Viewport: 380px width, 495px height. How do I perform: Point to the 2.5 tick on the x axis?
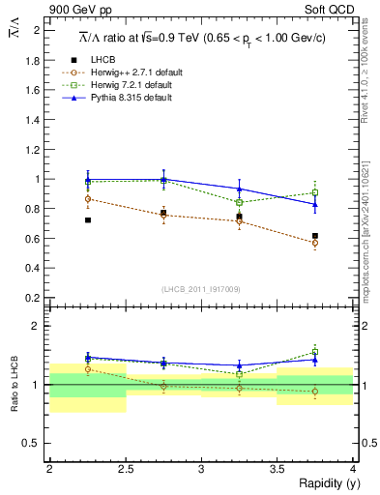coord(125,469)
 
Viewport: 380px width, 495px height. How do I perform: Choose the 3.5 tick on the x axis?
coord(277,469)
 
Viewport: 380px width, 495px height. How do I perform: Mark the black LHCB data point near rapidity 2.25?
coord(88,220)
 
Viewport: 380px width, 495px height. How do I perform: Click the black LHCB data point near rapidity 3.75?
coord(315,236)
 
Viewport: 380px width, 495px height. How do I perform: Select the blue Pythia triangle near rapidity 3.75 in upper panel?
coord(315,204)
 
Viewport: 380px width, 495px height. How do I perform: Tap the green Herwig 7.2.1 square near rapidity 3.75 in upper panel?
coord(315,192)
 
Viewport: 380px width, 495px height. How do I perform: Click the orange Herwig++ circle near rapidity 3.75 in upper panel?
coord(315,243)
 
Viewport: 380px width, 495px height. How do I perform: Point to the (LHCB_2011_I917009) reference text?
coord(201,289)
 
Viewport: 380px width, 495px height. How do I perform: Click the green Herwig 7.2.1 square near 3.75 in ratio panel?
coord(315,353)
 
